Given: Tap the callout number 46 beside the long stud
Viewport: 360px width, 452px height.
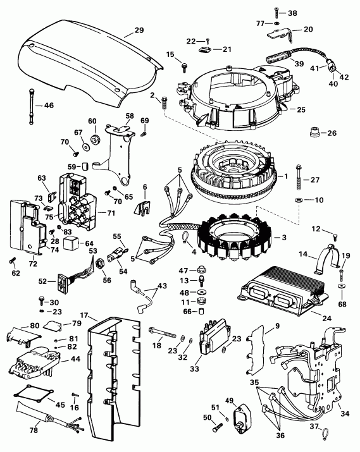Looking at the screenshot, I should [x=47, y=105].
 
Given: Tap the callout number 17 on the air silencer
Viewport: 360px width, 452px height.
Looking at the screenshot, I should [x=84, y=315].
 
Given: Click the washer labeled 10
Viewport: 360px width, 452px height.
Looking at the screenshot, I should [x=297, y=200].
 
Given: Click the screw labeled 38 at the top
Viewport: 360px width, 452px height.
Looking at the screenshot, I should [x=278, y=11].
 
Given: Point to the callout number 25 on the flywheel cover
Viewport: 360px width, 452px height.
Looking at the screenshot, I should [x=300, y=109].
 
